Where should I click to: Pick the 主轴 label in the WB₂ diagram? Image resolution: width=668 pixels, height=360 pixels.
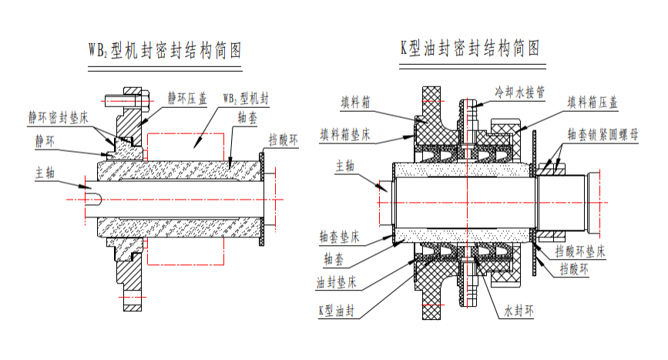point(45,171)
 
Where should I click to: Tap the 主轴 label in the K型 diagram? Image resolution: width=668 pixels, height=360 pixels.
point(344,165)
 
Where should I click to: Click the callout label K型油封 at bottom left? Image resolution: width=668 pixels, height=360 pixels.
point(337,311)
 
